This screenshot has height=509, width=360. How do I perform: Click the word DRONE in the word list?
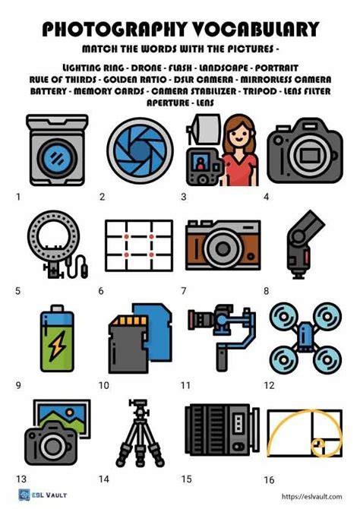point(146,68)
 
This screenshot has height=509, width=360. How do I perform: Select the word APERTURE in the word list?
point(168,103)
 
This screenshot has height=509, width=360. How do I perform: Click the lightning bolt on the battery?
point(57,346)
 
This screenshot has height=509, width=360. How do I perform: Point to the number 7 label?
point(184,290)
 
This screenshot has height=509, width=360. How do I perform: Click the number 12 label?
point(269,385)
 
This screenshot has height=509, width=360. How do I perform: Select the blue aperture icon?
point(140,150)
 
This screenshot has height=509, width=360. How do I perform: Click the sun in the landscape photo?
point(69,413)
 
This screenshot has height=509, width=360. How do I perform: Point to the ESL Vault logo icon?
point(24,495)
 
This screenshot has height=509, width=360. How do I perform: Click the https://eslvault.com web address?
point(311,496)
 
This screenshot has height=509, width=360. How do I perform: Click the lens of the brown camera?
point(223,249)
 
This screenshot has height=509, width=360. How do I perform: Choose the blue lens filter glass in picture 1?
point(57,159)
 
